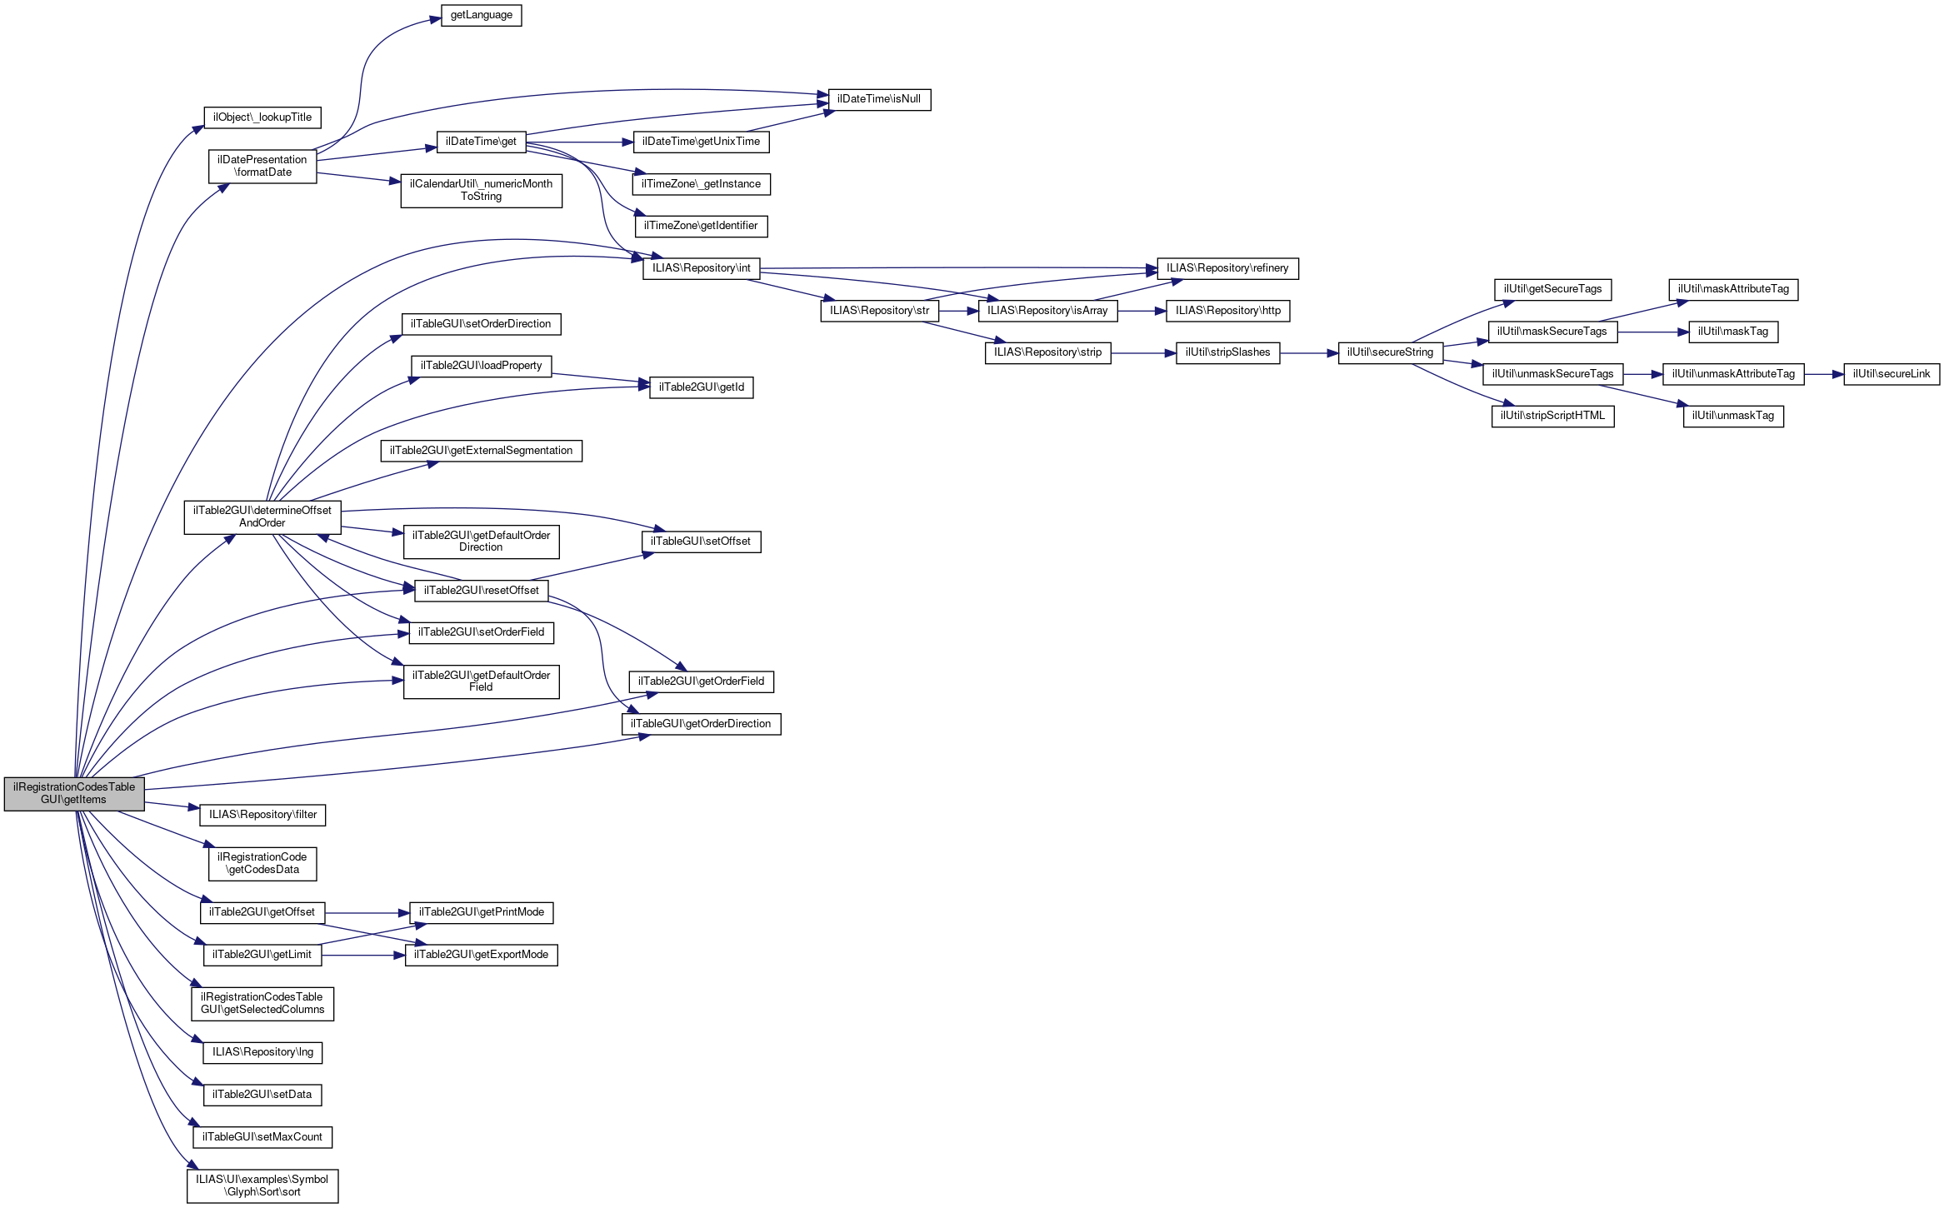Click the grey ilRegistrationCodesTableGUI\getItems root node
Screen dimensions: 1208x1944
pyautogui.click(x=74, y=793)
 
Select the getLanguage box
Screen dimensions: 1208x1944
pyautogui.click(x=481, y=15)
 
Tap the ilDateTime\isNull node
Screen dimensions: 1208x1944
pyautogui.click(x=878, y=99)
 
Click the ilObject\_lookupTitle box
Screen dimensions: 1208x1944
pyautogui.click(x=262, y=117)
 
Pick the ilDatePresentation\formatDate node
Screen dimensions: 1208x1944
pyautogui.click(x=262, y=166)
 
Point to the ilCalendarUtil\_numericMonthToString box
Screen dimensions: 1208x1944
pyautogui.click(x=481, y=190)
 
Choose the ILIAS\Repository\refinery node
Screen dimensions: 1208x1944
pyautogui.click(x=1227, y=268)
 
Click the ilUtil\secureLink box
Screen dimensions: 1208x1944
pyautogui.click(x=1891, y=374)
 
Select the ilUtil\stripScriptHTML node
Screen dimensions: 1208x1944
pyautogui.click(x=1552, y=416)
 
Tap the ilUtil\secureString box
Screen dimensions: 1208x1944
pyautogui.click(x=1390, y=352)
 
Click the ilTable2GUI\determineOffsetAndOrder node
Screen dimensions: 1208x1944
pyautogui.click(x=262, y=517)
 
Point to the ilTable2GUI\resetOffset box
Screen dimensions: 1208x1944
pyautogui.click(x=481, y=591)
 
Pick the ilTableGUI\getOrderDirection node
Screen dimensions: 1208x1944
pyautogui.click(x=700, y=724)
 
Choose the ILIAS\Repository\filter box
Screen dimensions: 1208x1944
pyautogui.click(x=262, y=815)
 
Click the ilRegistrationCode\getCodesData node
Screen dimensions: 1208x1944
pyautogui.click(x=262, y=863)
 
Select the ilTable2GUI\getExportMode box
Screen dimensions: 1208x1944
pyautogui.click(x=481, y=955)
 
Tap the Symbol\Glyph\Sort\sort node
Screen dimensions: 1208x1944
pyautogui.click(x=262, y=1186)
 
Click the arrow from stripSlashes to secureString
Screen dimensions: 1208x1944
pyautogui.click(x=1308, y=353)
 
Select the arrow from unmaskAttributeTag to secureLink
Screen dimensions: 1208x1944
pyautogui.click(x=1824, y=374)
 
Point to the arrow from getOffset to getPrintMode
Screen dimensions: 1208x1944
pyautogui.click(x=367, y=913)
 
